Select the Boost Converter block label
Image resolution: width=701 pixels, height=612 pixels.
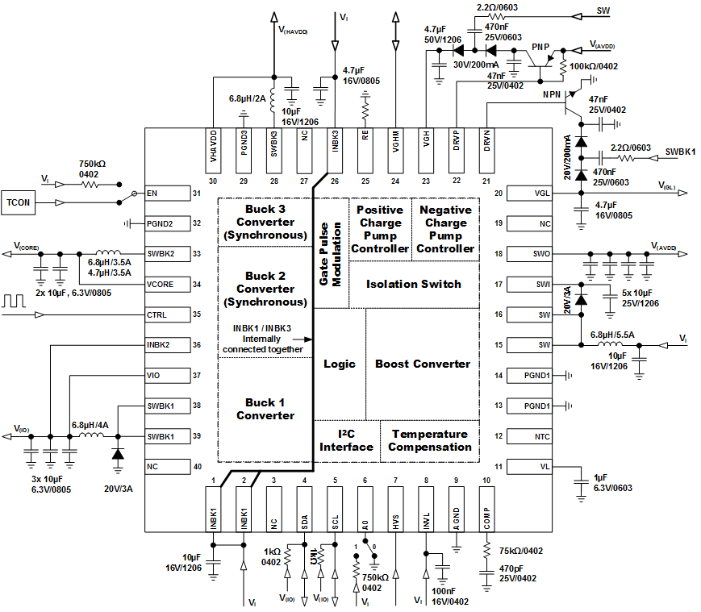point(423,364)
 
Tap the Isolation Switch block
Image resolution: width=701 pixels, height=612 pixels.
point(414,284)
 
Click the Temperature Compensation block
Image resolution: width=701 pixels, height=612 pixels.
point(430,440)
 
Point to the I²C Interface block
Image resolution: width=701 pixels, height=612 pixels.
point(346,440)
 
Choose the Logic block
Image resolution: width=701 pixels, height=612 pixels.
point(340,364)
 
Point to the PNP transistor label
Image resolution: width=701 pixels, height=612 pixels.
point(541,48)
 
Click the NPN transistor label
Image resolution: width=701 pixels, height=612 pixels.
point(551,94)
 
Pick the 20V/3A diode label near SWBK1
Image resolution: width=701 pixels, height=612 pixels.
point(118,487)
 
